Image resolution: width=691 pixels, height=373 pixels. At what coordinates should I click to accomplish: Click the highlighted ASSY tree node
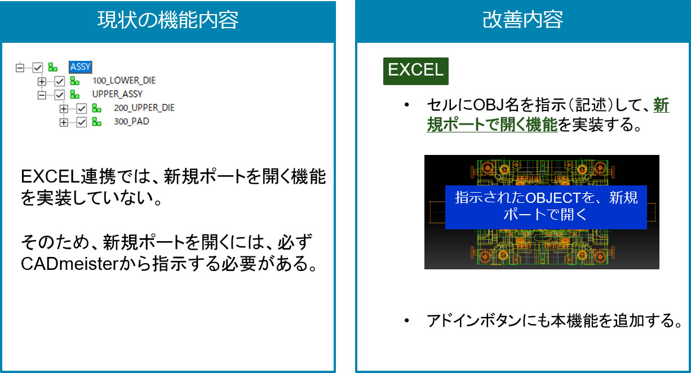(x=80, y=67)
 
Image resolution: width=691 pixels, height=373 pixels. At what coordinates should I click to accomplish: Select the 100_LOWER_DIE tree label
(x=124, y=81)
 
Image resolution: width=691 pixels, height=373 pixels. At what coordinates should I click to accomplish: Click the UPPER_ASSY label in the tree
(x=117, y=94)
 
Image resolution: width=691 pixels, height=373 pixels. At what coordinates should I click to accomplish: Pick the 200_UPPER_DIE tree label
(x=144, y=108)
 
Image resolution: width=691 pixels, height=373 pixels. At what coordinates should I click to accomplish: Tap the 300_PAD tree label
(x=131, y=121)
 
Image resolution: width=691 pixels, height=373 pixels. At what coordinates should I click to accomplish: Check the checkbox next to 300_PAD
(x=81, y=122)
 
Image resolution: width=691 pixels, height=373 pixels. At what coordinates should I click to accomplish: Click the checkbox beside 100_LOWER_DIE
(x=60, y=81)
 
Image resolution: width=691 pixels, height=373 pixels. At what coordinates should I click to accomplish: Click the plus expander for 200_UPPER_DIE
(x=64, y=109)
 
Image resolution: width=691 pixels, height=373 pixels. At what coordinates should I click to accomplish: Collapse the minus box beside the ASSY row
(x=20, y=68)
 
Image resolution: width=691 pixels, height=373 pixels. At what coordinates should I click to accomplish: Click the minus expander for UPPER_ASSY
(x=42, y=95)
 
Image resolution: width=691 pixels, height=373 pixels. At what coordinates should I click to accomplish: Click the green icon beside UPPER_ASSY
(x=74, y=94)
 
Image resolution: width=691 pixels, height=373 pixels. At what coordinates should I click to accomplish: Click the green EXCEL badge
(x=415, y=71)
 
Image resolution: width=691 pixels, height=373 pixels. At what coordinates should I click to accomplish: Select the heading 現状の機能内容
(x=168, y=20)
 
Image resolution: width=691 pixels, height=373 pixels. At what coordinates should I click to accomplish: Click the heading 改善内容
(x=522, y=20)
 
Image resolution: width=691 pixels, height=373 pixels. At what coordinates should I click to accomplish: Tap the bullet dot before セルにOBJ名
(x=406, y=105)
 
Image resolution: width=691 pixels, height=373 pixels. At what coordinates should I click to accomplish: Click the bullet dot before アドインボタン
(x=406, y=321)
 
